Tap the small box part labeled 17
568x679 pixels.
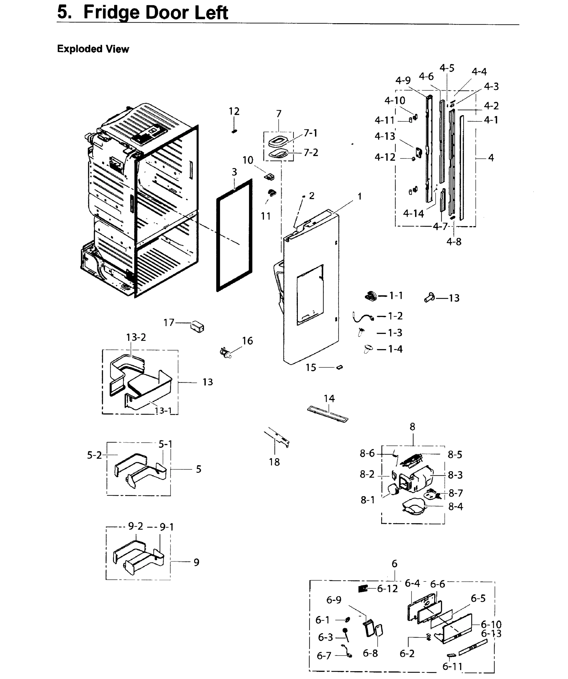198,326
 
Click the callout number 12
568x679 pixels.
234,111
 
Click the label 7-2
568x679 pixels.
311,152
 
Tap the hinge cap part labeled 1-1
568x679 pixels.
371,296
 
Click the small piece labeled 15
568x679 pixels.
339,367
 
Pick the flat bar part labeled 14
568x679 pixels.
328,414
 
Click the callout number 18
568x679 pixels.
274,462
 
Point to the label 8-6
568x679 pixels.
367,454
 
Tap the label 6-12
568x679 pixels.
387,589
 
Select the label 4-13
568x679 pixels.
385,136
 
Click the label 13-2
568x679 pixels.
136,337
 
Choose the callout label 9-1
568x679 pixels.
167,527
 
